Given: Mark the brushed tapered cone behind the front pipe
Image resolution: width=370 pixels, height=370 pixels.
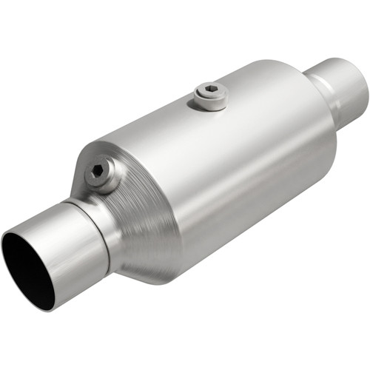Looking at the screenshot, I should pyautogui.click(x=137, y=222).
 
